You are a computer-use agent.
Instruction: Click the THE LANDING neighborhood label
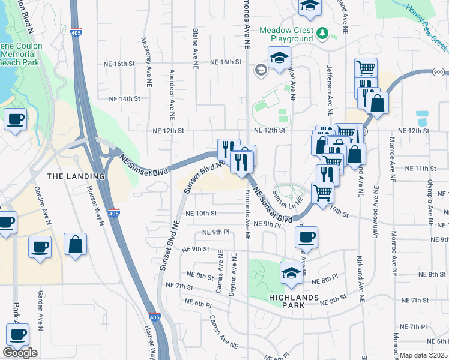[x=76, y=176]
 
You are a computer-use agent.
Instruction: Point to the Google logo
[x=20, y=353]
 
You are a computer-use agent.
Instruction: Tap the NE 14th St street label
[x=124, y=98]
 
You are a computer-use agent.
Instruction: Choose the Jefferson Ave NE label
[x=330, y=91]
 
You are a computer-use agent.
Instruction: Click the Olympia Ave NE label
[x=430, y=199]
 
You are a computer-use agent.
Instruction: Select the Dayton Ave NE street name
[x=235, y=272]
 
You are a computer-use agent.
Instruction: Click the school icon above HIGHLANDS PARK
[x=292, y=273]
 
